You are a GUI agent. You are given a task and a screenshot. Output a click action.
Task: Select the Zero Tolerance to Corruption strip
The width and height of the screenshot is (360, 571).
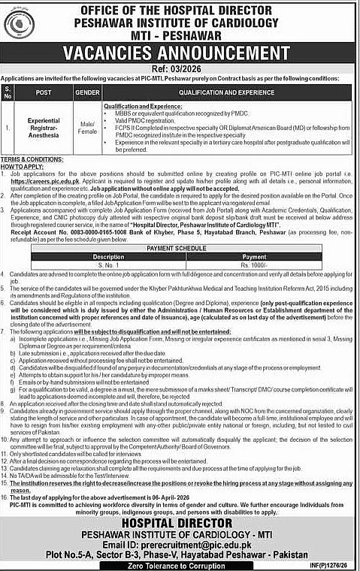click(x=179, y=563)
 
